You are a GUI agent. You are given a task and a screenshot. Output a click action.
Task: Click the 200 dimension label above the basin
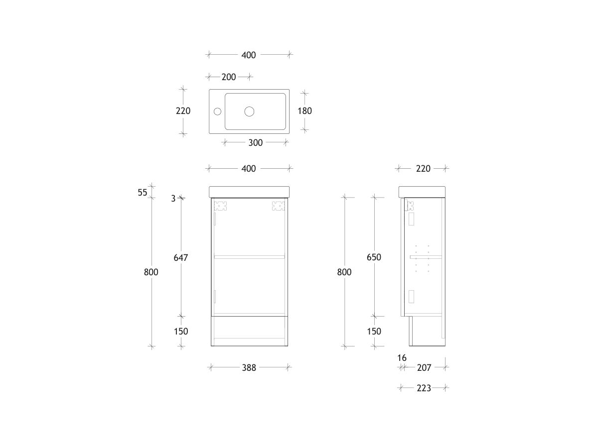tap(229, 77)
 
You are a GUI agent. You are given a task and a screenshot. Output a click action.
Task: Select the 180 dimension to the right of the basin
tap(304, 111)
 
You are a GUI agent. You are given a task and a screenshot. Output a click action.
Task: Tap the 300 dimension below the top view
tap(255, 143)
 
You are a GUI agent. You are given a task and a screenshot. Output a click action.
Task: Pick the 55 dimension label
tap(143, 193)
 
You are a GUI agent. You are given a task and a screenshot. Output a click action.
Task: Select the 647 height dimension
tap(180, 257)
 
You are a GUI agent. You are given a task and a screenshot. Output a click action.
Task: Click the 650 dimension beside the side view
tap(374, 257)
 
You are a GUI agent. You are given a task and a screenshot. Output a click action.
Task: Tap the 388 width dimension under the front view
tap(249, 368)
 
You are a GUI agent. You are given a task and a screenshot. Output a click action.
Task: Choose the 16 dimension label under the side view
tap(402, 358)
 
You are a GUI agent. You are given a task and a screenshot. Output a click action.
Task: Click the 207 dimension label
tap(424, 368)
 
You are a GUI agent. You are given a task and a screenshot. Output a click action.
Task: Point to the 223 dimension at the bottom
tap(424, 388)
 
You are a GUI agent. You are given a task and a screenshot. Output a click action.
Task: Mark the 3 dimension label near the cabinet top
tap(173, 198)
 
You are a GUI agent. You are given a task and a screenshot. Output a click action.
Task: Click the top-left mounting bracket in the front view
tap(220, 205)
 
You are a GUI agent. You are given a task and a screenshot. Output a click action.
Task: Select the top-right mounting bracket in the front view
tap(278, 205)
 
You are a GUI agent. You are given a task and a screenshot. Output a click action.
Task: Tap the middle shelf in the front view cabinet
tap(249, 257)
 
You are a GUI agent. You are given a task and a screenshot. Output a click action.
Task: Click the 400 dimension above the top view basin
tap(249, 55)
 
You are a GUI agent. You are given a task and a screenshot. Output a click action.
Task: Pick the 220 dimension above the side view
tap(423, 169)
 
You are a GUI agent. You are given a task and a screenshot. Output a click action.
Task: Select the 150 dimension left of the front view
tap(180, 332)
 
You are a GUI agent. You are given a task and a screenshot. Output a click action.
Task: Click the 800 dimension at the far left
tap(151, 272)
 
